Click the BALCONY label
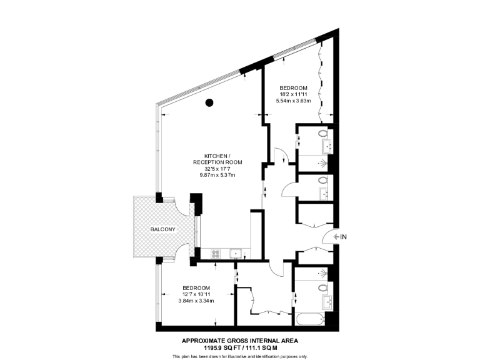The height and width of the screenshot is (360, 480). point(162,229)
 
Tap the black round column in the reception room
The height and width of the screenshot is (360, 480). point(210,102)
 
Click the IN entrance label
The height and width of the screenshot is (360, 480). point(343,237)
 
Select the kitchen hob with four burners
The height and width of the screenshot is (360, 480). point(216,253)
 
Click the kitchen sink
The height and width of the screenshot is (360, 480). point(236,253)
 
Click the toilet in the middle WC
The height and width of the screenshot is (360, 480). point(322,181)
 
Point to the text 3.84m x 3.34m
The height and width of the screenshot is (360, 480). point(196,301)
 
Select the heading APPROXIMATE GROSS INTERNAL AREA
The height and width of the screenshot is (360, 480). point(239,341)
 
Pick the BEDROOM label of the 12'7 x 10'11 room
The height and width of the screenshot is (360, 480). point(196,287)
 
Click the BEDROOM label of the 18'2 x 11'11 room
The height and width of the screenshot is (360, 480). point(293,87)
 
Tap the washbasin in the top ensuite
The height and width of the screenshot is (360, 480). point(326,147)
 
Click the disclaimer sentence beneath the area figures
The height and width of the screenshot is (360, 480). point(240,356)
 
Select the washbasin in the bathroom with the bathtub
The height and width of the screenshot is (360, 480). point(327,302)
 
